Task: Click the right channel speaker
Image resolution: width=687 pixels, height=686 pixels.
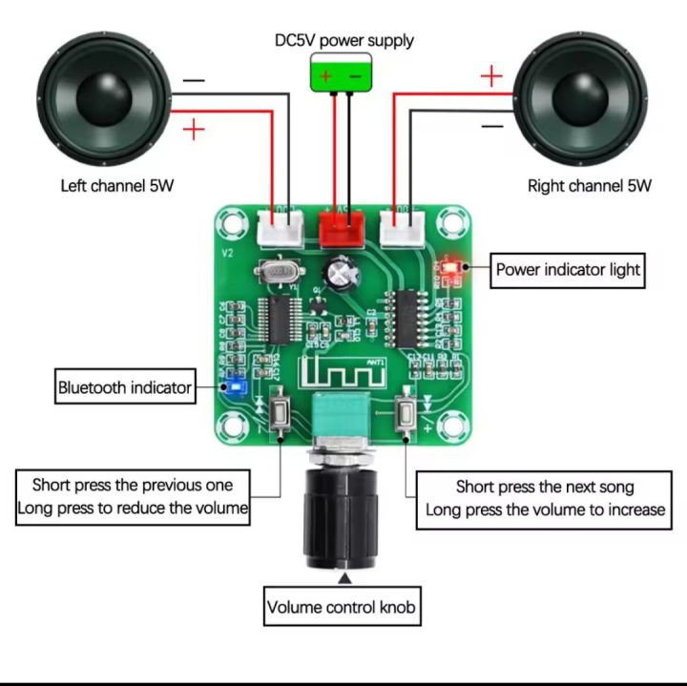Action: point(579,99)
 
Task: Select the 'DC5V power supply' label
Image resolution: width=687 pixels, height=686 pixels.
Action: point(343,40)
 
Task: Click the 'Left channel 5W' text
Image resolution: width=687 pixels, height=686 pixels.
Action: point(116,186)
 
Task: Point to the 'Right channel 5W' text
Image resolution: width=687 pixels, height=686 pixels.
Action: point(589,186)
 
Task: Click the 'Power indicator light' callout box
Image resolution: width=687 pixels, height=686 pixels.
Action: point(568,270)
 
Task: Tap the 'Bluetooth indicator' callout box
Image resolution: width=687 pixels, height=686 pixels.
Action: point(125,387)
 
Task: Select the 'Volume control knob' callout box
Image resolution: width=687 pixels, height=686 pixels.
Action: point(341,606)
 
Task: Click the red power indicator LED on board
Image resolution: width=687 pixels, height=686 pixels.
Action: point(450,268)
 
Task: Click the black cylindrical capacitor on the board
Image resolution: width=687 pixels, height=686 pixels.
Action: point(341,273)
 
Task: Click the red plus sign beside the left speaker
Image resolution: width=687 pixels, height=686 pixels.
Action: point(194,128)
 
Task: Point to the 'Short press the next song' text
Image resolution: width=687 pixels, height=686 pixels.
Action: point(545,488)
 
